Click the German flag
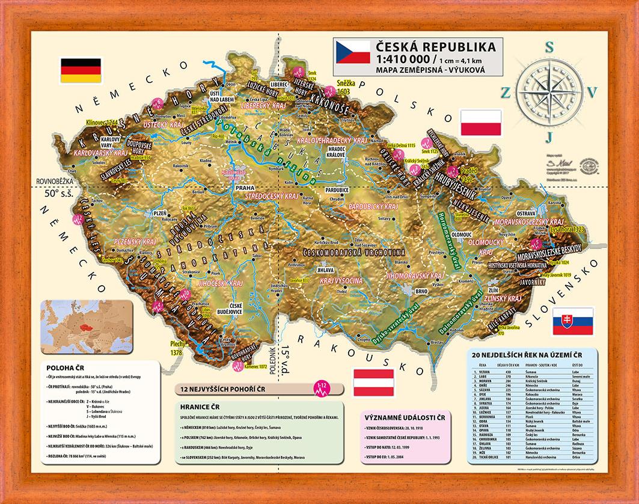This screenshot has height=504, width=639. coord(76,71)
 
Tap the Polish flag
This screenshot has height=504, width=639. coord(480,123)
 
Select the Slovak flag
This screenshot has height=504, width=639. coord(572,321)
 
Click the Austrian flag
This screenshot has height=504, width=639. coord(373,383)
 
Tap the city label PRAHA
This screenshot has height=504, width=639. coord(245,188)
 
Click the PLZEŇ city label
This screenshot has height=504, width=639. coord(160,212)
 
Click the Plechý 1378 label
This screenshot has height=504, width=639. coord(179,348)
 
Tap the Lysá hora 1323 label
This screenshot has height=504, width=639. coord(568,230)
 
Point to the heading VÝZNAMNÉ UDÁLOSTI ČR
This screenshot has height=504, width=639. coord(408,416)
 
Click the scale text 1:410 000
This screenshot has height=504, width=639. coord(402,60)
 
